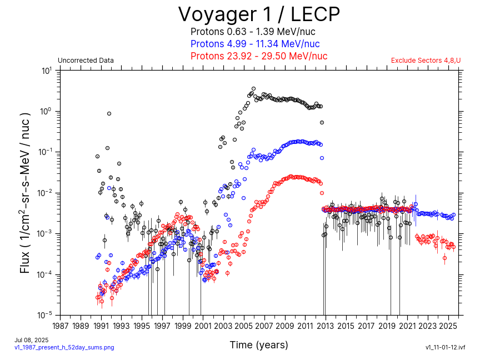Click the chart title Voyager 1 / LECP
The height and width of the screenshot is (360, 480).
point(258,14)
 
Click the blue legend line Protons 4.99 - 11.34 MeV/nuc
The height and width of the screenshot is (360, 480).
point(255,44)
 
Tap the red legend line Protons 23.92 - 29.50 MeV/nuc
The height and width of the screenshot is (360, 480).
point(258,56)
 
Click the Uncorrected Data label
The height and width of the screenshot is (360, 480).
point(86,61)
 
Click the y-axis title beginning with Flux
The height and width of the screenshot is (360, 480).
point(26,193)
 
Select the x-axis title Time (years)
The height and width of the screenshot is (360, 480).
point(259,345)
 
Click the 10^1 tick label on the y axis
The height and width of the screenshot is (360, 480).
point(47,71)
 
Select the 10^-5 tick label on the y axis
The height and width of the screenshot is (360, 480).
point(46,315)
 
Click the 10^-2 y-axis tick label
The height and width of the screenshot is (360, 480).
point(46,193)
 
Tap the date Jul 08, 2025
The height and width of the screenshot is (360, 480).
point(31,340)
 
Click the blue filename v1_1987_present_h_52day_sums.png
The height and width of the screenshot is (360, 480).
point(64,347)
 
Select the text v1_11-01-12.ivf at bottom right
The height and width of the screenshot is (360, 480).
point(444,347)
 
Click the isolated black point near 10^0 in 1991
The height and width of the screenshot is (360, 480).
point(109,114)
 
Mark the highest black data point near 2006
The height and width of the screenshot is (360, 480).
point(254,88)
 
